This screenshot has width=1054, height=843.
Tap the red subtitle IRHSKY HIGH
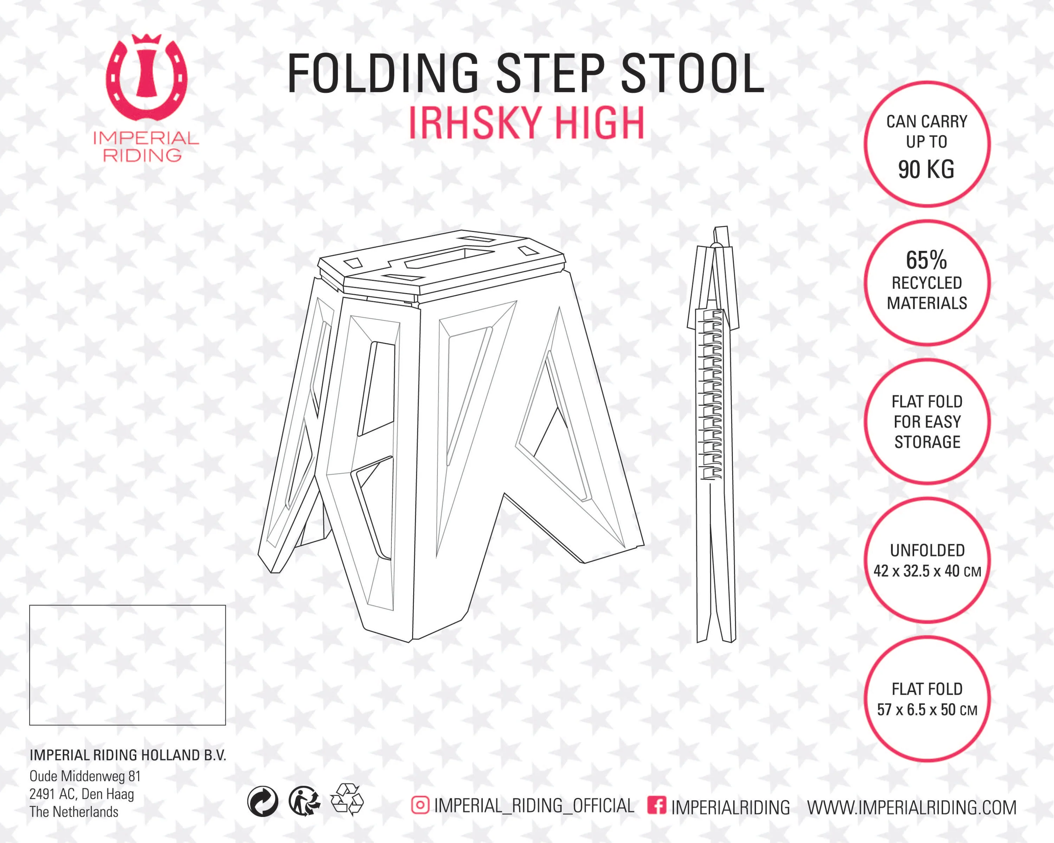point(527,123)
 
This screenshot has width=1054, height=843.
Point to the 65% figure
point(926,260)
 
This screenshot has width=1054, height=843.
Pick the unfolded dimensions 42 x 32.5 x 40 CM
point(928,571)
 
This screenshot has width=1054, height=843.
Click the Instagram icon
point(420,805)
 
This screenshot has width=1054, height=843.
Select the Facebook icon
point(657,805)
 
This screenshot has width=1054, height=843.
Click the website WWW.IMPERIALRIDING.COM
point(912,807)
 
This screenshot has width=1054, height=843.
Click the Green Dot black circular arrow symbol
point(263,802)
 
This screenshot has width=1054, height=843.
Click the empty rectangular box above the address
point(128,665)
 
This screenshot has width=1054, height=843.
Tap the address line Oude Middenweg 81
point(85,776)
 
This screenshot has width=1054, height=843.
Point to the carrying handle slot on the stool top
point(449,258)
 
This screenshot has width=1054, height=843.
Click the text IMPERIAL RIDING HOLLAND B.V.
point(128,755)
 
